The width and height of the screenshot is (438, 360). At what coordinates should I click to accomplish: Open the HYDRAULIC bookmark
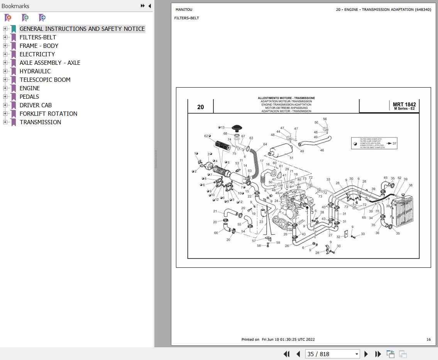[x=35, y=71]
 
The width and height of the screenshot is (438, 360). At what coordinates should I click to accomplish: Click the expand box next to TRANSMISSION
[x=5, y=122]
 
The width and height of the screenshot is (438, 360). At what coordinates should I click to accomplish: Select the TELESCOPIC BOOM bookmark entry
[x=45, y=79]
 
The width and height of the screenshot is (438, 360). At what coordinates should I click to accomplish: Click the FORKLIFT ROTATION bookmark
[x=48, y=113]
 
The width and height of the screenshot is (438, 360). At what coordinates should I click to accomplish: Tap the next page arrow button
[x=366, y=354]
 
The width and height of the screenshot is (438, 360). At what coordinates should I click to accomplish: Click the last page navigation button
[x=378, y=354]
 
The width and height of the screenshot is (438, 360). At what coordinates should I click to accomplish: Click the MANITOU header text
[x=184, y=9]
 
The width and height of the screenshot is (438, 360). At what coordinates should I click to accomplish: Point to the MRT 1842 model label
[x=404, y=105]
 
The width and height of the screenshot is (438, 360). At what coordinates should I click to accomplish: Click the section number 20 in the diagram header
[x=200, y=107]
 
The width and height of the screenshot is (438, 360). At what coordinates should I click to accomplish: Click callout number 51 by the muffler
[x=291, y=158]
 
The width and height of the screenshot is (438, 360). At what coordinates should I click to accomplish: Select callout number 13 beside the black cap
[x=223, y=128]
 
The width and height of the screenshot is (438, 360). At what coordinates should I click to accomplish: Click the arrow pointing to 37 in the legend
[x=389, y=144]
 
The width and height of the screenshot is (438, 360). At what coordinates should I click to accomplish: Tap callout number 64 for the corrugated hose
[x=265, y=145]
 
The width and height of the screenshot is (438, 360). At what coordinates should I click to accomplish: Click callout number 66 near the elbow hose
[x=216, y=233]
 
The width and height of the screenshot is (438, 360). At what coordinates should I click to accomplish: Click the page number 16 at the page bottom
[x=428, y=340]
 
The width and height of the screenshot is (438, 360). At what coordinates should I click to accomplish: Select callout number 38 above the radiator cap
[x=411, y=185]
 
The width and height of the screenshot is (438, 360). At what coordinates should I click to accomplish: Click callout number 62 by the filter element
[x=206, y=136]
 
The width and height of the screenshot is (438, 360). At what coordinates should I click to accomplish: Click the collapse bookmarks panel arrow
[x=150, y=6]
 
